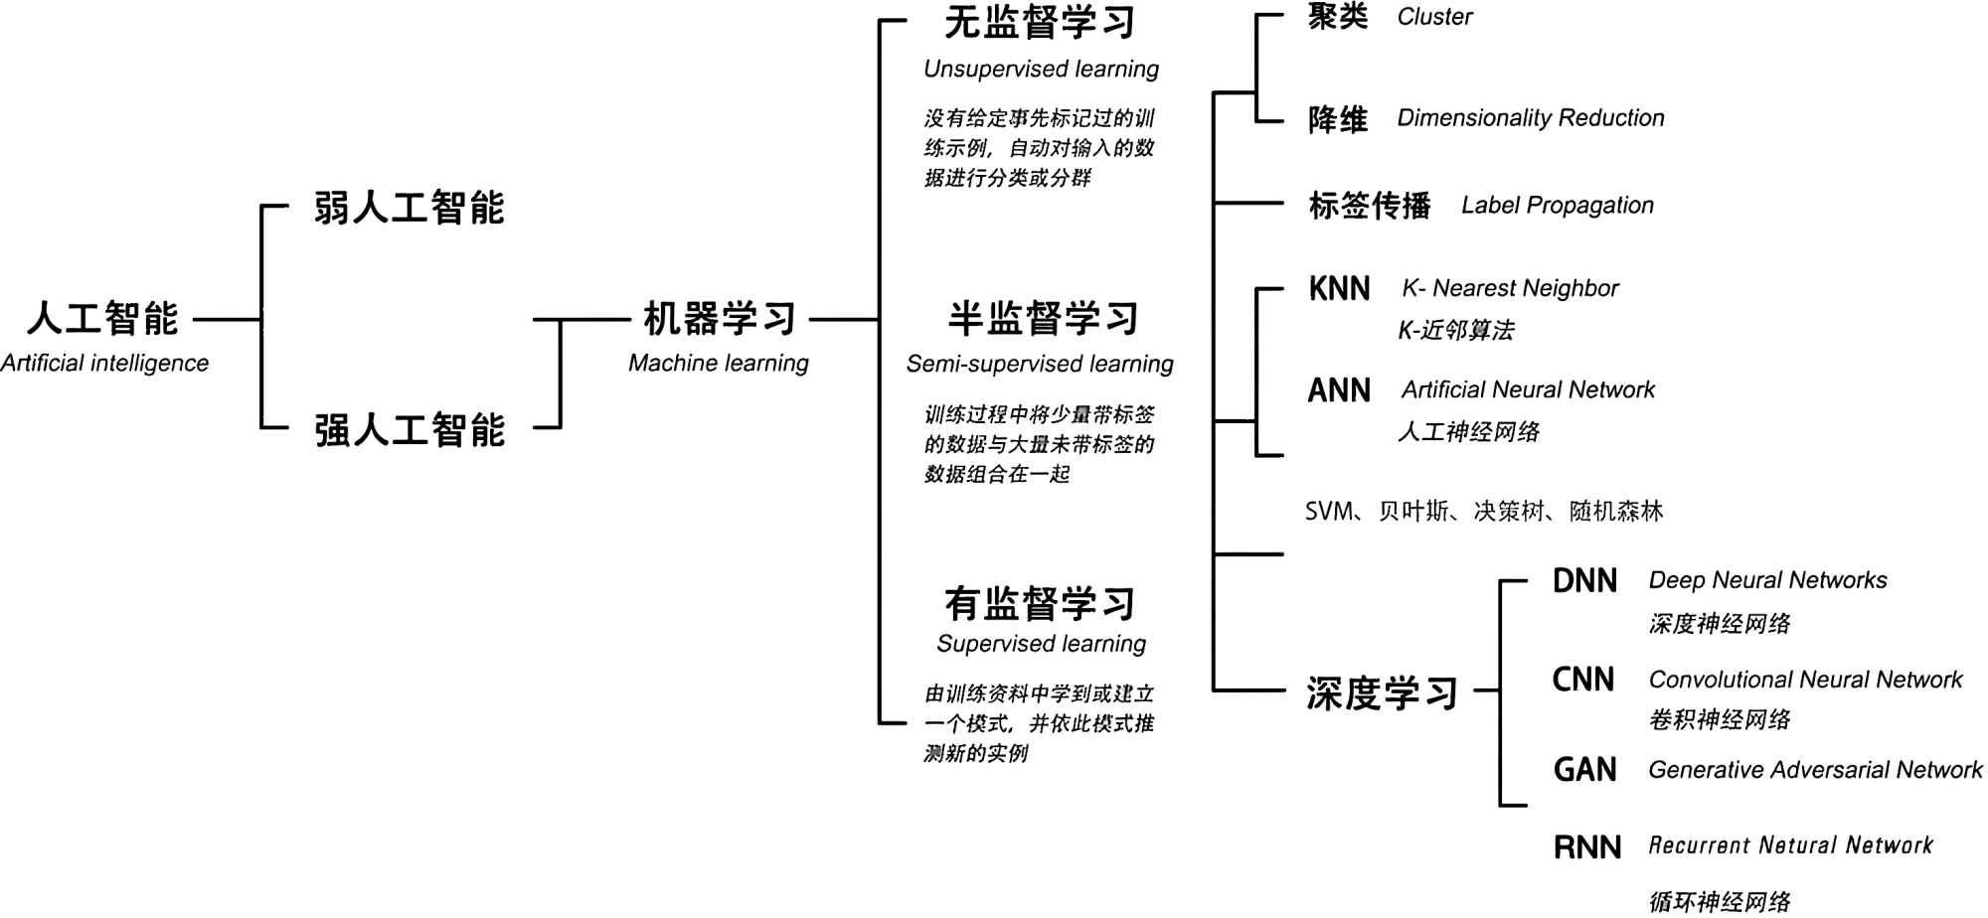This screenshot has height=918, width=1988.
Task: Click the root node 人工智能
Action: (x=103, y=319)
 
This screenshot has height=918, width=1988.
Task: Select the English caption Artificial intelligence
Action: (x=104, y=364)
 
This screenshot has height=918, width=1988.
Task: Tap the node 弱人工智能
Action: (x=410, y=209)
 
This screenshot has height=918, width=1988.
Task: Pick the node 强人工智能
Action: (x=410, y=430)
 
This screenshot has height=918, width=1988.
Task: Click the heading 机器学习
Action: (x=719, y=319)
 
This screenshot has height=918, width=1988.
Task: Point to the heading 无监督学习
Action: (x=1040, y=22)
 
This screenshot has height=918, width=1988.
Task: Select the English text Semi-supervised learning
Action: (x=1040, y=365)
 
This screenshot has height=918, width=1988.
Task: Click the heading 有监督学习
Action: (x=1040, y=603)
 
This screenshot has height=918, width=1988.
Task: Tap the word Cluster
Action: (x=1434, y=17)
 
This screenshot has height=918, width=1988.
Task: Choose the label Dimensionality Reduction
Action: (x=1530, y=118)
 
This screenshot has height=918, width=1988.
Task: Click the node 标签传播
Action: (x=1370, y=206)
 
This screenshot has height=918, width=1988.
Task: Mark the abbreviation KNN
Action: (x=1339, y=289)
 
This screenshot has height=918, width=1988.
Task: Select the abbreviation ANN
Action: (x=1339, y=390)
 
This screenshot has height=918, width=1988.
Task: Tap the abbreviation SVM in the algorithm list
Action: (x=1329, y=512)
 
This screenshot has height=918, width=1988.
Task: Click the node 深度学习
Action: (x=1382, y=693)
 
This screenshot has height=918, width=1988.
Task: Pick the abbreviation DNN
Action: (x=1584, y=581)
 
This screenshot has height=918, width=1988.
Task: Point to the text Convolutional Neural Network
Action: (x=1805, y=680)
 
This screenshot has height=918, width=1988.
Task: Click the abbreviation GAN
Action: (x=1584, y=770)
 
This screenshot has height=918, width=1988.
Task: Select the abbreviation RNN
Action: (x=1586, y=847)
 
